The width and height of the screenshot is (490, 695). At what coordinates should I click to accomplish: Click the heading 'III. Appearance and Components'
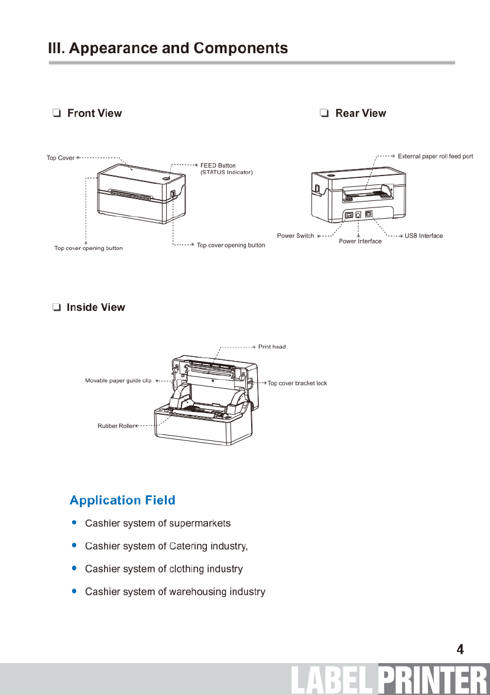pos(168,48)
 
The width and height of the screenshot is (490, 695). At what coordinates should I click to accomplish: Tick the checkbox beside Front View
pos(56,113)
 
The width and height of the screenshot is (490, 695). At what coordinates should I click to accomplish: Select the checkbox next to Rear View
pos(324,113)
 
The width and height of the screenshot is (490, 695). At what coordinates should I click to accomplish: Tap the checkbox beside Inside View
pos(56,307)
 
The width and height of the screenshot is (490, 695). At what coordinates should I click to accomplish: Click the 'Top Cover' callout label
pos(60,158)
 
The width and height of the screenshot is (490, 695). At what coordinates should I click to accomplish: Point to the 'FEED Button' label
pos(218,165)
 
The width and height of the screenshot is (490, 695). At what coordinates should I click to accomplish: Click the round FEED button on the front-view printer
pos(167,176)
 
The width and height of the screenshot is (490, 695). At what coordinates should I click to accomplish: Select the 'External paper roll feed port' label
pos(435,157)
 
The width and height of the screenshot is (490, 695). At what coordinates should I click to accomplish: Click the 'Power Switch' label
pos(296,236)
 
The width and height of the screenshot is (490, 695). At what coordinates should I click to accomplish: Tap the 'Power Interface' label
pos(360,241)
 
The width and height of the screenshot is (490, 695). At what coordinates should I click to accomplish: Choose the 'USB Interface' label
pos(423,236)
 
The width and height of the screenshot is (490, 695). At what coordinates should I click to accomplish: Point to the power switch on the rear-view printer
pos(349,215)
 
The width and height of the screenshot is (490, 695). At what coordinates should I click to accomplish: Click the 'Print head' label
pos(272,347)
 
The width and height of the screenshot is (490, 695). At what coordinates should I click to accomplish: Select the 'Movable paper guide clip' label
pos(118,381)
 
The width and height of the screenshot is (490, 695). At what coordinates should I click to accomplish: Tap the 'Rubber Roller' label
pos(116,426)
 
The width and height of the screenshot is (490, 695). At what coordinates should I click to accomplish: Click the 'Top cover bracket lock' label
pos(297,384)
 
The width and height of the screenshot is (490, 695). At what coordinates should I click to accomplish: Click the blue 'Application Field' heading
pos(122,501)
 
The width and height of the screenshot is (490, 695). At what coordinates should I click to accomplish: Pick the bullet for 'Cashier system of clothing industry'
pos(74,569)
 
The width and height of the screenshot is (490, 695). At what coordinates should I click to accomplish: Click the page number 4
pos(460,649)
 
